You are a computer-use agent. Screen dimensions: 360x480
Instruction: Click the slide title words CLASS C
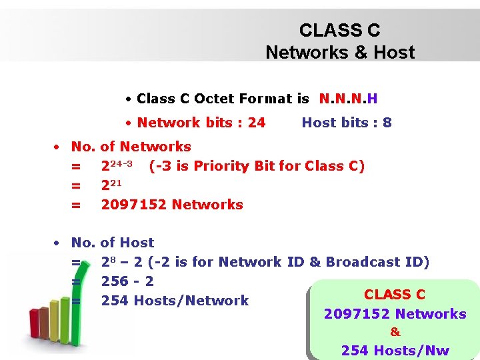click(339, 31)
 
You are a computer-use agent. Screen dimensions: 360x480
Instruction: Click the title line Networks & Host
click(339, 52)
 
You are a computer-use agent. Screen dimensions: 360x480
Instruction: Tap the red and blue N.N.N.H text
click(348, 99)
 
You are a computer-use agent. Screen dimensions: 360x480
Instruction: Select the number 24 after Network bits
click(256, 123)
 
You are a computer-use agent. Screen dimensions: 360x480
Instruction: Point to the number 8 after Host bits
click(387, 123)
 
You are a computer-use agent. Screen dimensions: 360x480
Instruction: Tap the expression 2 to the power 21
click(111, 185)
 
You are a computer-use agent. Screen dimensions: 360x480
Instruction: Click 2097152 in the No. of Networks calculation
click(134, 205)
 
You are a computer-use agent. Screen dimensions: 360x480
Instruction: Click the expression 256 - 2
click(127, 281)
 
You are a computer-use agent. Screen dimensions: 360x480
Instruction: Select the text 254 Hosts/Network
click(175, 301)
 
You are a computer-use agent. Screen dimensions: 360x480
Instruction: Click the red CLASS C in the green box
click(395, 295)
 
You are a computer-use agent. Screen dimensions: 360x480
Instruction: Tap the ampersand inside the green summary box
click(395, 332)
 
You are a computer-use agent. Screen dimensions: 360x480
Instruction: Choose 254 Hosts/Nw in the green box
click(395, 351)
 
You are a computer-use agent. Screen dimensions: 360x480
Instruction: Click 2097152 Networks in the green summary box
click(395, 313)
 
